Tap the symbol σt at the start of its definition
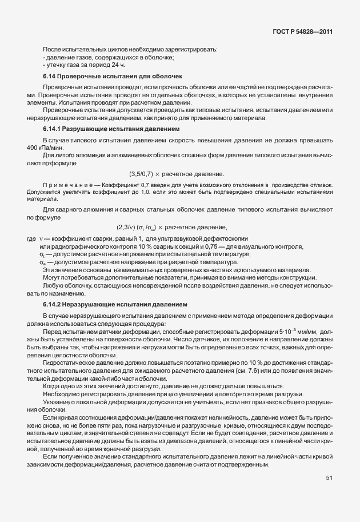pos(42,254)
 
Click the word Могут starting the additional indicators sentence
pos(51,277)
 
